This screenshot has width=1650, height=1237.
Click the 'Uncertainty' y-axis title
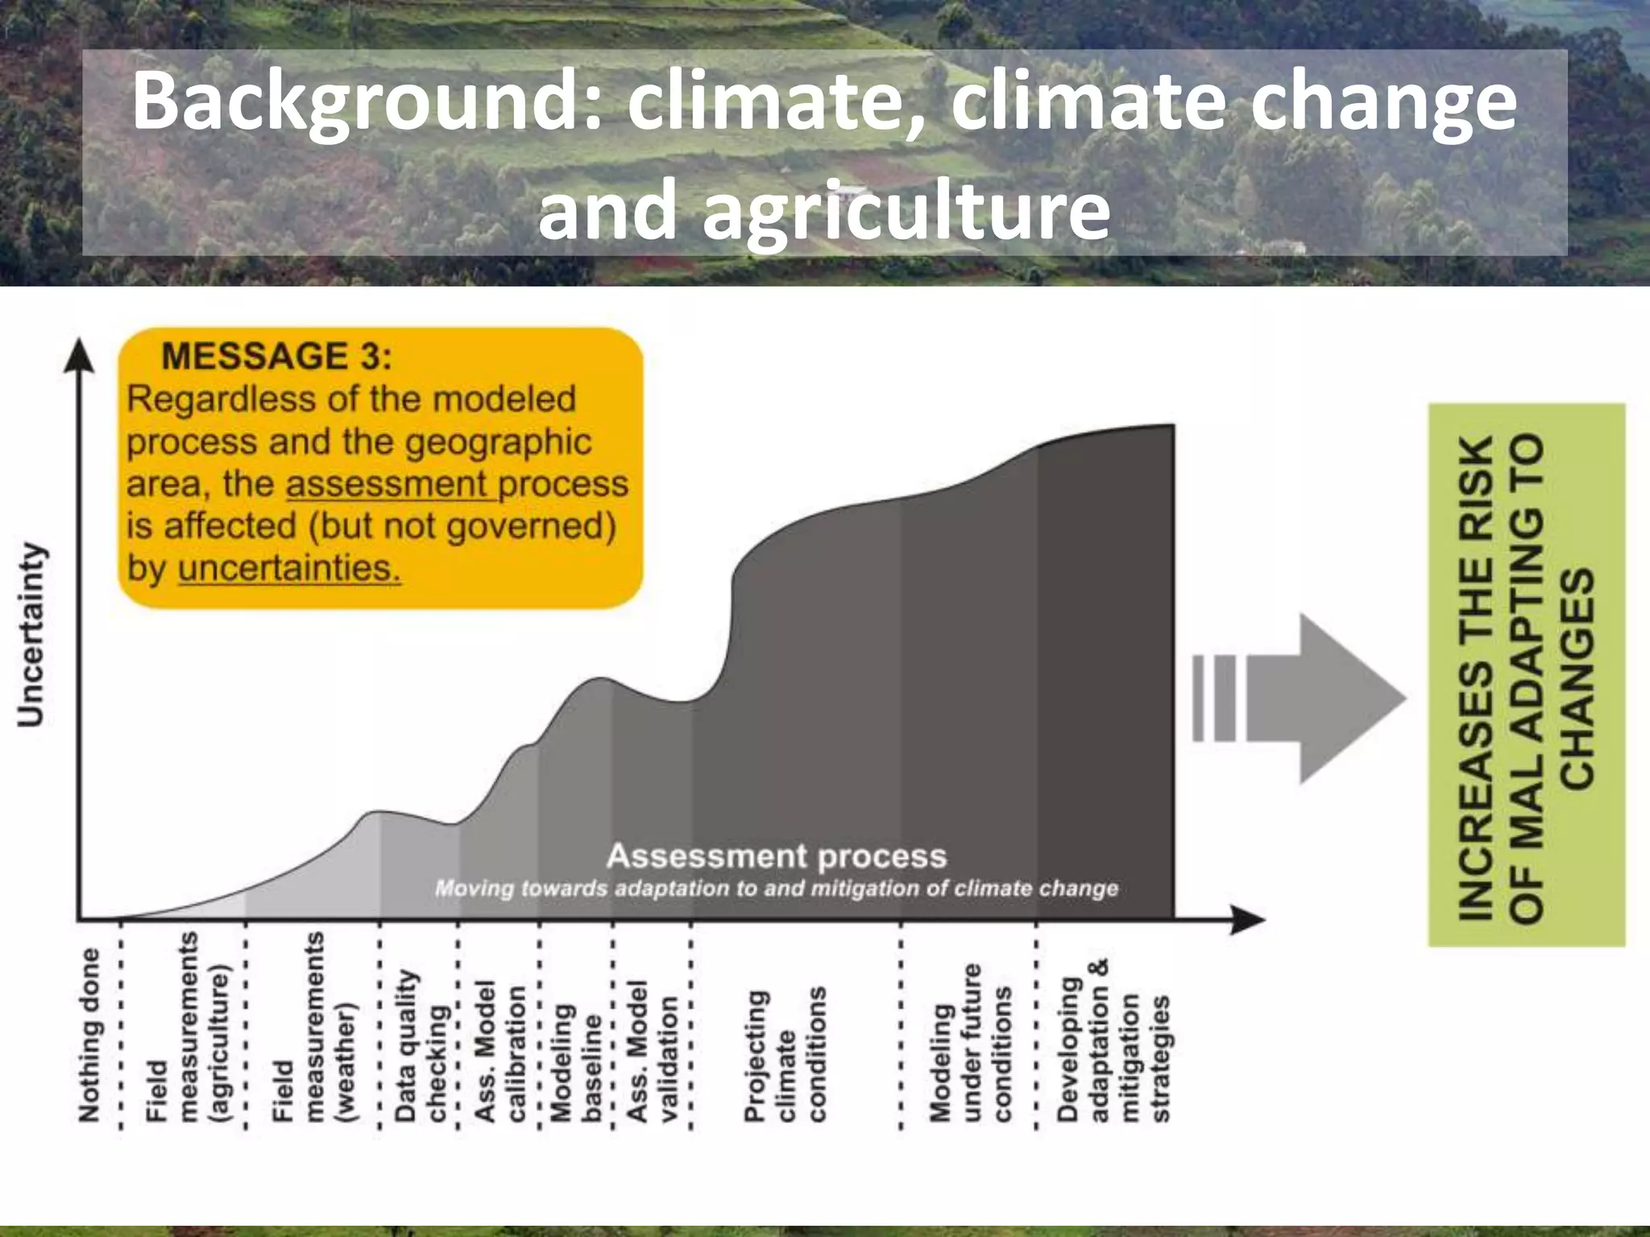[32, 635]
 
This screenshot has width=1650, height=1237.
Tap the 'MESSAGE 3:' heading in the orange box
[276, 356]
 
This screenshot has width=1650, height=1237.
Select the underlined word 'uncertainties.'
[289, 569]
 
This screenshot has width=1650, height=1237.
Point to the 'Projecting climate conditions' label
[786, 1055]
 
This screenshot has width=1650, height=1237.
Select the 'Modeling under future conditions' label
[970, 1044]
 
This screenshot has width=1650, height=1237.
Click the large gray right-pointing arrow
[1329, 698]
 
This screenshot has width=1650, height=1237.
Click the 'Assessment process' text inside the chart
[777, 856]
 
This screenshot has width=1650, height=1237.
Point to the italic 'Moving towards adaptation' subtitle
[777, 889]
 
